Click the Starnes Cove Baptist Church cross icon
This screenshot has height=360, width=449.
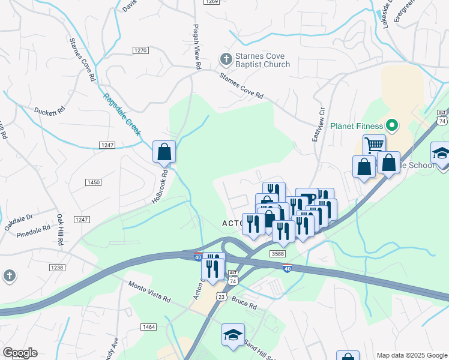point(226,59)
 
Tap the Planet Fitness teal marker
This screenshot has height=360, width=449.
point(392,126)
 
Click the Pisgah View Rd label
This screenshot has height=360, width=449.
point(196,49)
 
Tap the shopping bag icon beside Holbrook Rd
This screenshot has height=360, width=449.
point(164,152)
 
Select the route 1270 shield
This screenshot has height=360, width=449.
point(140,50)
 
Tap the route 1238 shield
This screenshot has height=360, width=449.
point(57,267)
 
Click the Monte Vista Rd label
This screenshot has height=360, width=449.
point(151,292)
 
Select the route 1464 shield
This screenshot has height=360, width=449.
point(148,327)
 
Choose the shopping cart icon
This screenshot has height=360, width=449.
point(374,145)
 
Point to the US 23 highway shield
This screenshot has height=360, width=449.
point(221,296)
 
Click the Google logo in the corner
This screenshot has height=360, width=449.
point(20,352)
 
